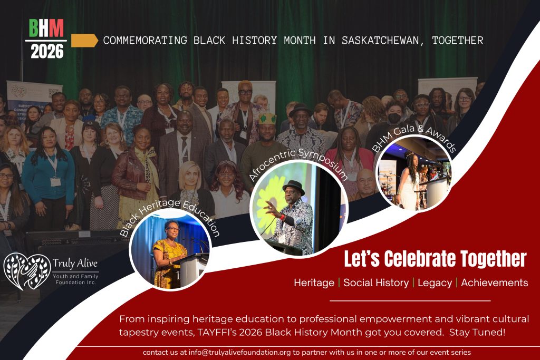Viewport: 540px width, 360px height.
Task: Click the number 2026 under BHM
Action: click(47, 52)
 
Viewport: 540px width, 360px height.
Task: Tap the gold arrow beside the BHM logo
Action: click(84, 41)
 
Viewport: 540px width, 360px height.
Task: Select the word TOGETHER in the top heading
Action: click(458, 40)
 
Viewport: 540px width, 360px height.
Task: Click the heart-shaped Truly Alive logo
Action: click(27, 271)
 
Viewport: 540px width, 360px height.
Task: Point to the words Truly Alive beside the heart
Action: click(75, 264)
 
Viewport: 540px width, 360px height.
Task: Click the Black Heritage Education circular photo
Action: click(170, 253)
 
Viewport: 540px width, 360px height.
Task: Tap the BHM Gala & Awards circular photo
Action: click(413, 173)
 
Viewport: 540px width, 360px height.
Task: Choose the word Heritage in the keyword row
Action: click(314, 283)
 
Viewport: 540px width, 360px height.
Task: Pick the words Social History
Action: click(376, 283)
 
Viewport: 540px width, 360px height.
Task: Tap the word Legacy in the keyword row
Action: click(435, 283)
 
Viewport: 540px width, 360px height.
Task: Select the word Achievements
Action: click(495, 283)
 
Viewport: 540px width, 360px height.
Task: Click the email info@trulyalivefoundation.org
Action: click(240, 353)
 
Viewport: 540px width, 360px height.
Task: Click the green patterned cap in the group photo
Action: click(267, 119)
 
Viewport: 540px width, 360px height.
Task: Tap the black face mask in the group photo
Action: click(394, 118)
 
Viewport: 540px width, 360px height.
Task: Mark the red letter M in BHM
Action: click(57, 28)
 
